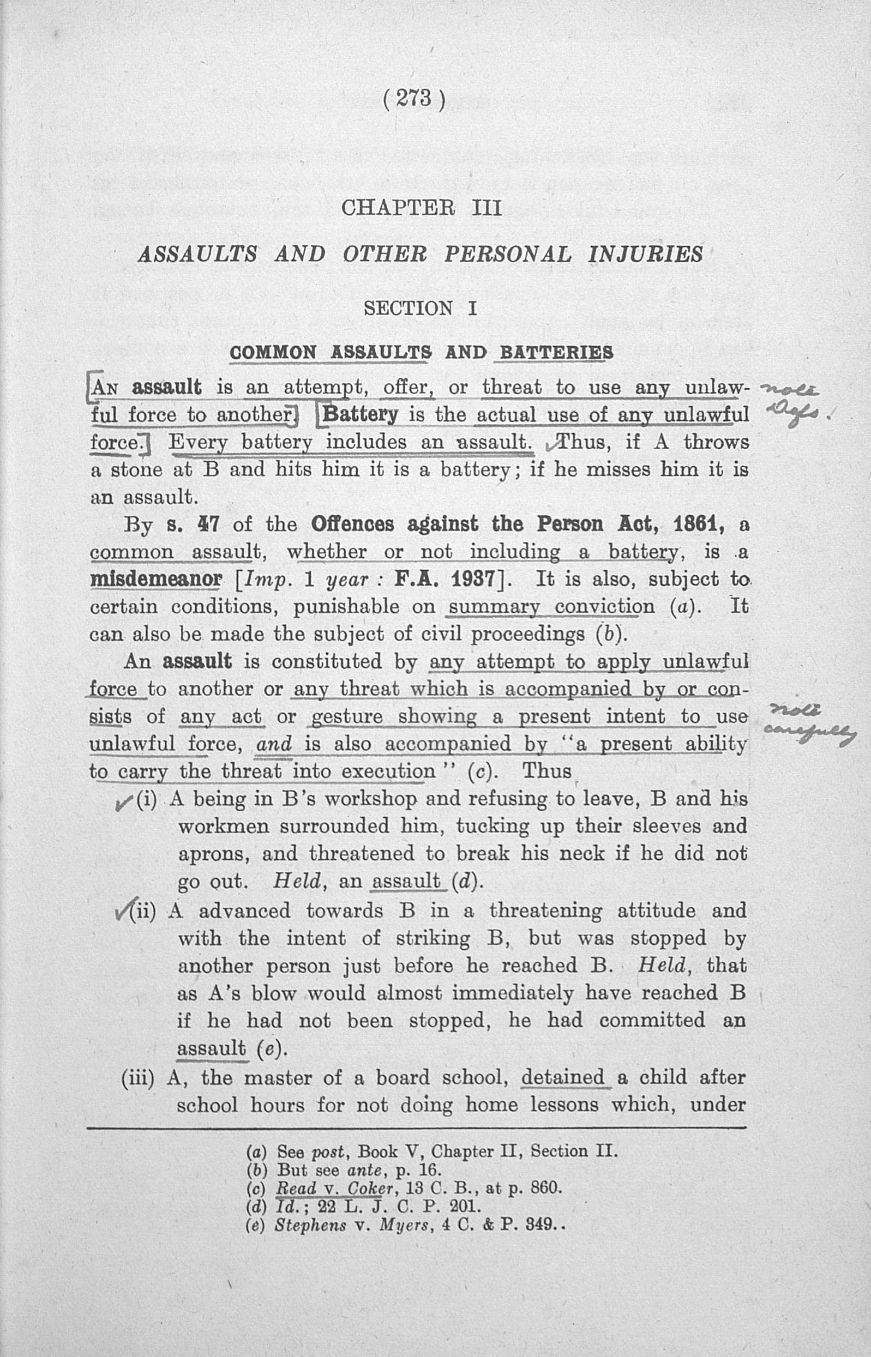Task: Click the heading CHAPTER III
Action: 422,208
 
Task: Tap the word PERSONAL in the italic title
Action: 507,255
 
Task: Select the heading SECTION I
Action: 421,308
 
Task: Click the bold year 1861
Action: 700,524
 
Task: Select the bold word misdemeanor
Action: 156,580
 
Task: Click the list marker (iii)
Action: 137,1078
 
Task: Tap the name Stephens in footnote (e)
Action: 310,1225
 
